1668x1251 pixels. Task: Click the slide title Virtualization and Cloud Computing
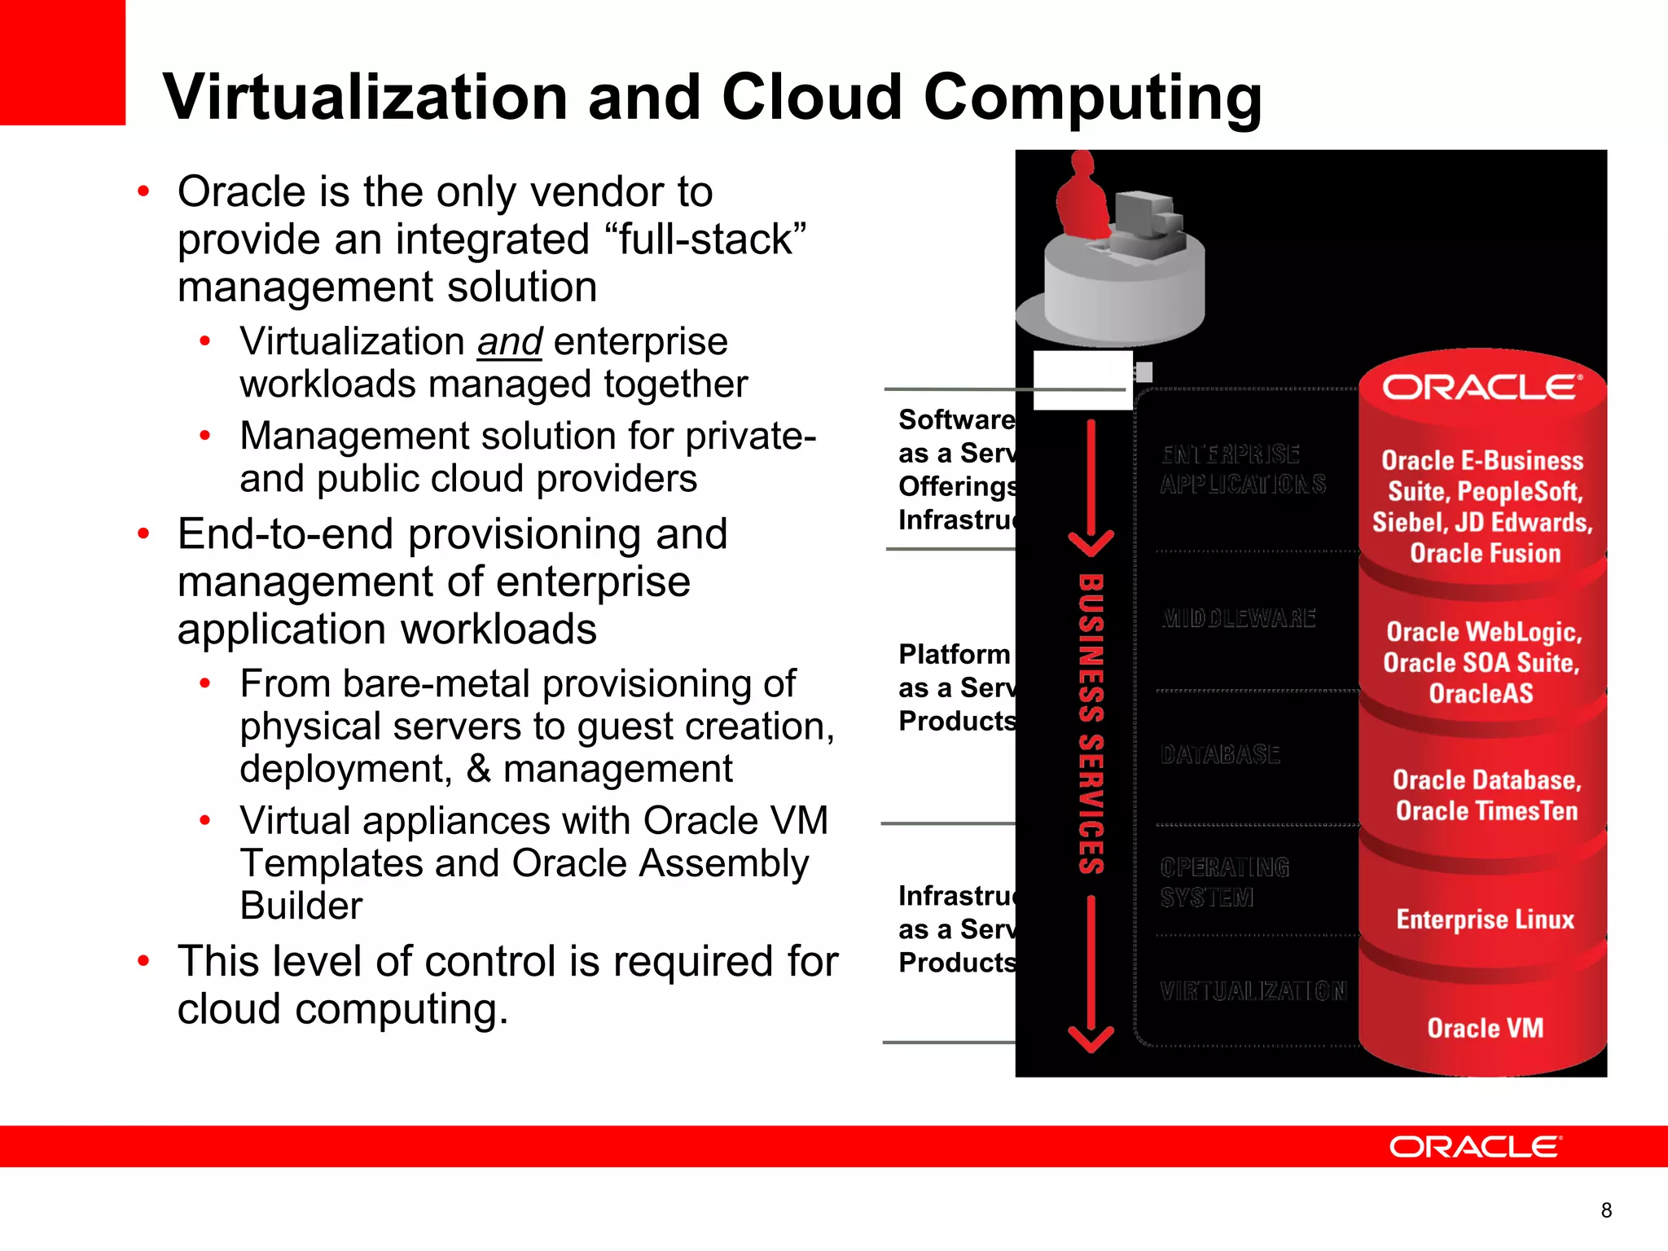click(x=713, y=98)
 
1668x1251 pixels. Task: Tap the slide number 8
click(x=1606, y=1210)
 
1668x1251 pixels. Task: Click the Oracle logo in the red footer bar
click(x=1475, y=1147)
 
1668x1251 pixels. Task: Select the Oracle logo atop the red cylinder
click(x=1481, y=388)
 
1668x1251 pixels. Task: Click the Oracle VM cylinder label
click(x=1485, y=1028)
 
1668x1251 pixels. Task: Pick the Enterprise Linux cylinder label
click(x=1485, y=920)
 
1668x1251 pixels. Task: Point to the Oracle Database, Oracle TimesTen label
click(x=1486, y=796)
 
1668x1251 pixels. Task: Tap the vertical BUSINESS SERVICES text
click(x=1091, y=724)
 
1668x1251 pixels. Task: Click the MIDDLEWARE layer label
click(x=1238, y=618)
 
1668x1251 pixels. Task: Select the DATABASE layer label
click(x=1220, y=755)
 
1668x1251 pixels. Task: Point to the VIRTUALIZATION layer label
click(x=1253, y=991)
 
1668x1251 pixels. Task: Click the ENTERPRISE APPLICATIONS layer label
click(x=1243, y=469)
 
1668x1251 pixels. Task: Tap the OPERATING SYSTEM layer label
click(x=1224, y=882)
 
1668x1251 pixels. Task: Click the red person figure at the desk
click(x=1082, y=200)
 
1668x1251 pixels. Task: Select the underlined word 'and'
click(x=509, y=341)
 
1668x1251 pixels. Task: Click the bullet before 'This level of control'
click(x=144, y=961)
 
